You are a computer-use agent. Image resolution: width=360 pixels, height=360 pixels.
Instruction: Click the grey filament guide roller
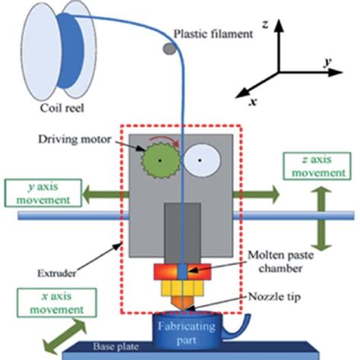pos(168,49)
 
